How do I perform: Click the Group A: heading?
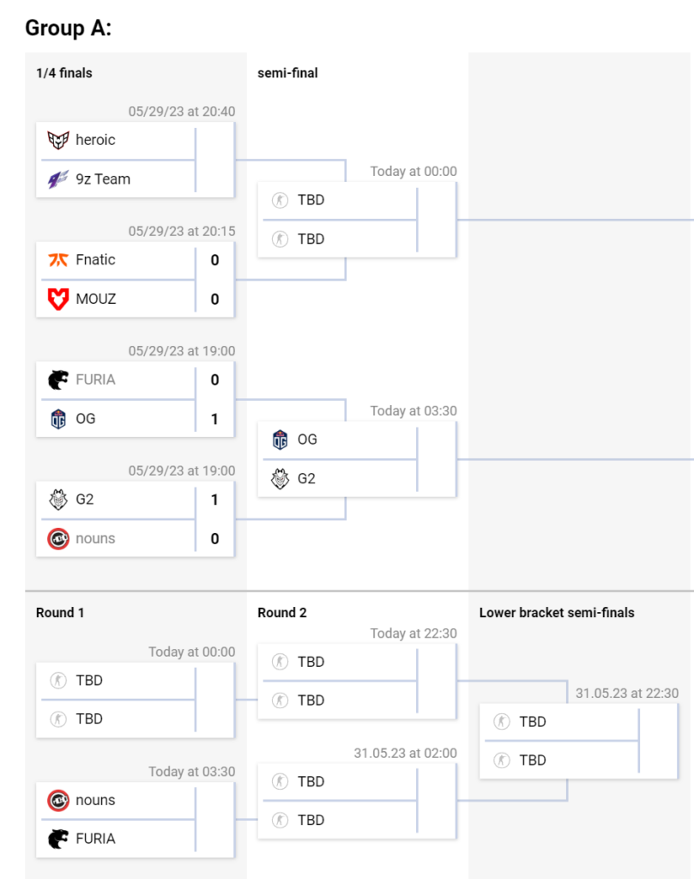(69, 28)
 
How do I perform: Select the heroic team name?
(95, 140)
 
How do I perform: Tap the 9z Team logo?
(58, 179)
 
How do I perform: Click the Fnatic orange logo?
(58, 259)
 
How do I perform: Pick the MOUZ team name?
(96, 299)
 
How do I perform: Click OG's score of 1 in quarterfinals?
(214, 419)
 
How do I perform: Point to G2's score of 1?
(214, 500)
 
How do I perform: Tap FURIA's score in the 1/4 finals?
(214, 379)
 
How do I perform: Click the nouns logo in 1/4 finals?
(58, 538)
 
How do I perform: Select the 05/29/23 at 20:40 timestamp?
(182, 112)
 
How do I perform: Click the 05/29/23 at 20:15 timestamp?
(182, 231)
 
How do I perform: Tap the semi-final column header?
(287, 73)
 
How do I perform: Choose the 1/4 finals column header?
(64, 73)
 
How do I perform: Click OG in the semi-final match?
(307, 439)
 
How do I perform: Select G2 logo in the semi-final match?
(281, 478)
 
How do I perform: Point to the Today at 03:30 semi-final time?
(413, 411)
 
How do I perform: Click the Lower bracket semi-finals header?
(557, 613)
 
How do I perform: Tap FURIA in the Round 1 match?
(95, 839)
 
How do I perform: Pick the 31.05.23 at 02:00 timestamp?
(405, 753)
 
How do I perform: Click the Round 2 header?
(282, 613)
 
